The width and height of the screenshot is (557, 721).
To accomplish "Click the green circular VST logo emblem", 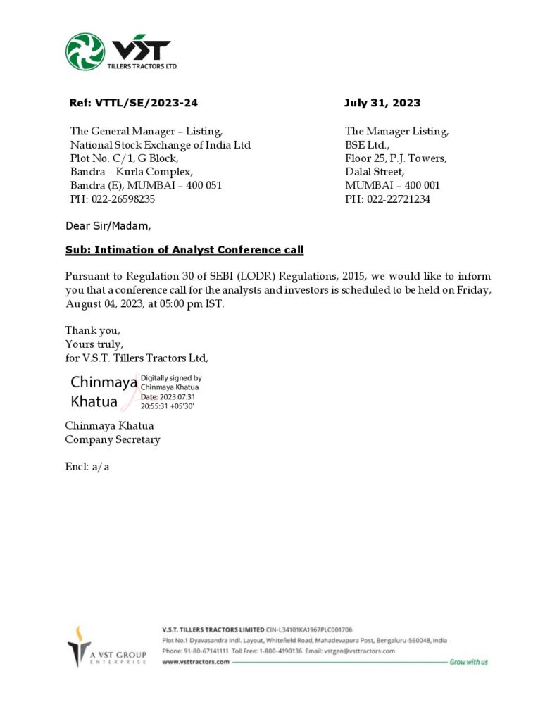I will [x=85, y=51].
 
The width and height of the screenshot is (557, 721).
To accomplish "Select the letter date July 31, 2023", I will [x=382, y=103].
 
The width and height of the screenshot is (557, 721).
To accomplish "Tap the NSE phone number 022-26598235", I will [x=123, y=199].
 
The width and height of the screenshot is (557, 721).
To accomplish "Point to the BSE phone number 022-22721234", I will [x=398, y=199].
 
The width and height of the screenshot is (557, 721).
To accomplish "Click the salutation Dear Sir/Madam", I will [x=108, y=226].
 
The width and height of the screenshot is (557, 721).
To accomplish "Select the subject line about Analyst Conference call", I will [x=184, y=250].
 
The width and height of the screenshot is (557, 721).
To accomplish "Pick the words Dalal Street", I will [x=374, y=172].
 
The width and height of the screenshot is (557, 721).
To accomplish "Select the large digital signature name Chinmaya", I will [x=104, y=382].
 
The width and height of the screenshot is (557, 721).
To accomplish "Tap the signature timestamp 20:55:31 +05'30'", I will [x=168, y=406].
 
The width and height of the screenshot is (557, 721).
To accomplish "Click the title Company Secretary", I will [x=113, y=439].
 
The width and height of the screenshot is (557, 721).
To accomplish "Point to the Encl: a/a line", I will [x=87, y=466].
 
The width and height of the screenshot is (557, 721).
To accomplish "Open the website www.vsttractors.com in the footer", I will [x=196, y=663].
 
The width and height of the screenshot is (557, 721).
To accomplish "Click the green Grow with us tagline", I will [x=468, y=663].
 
